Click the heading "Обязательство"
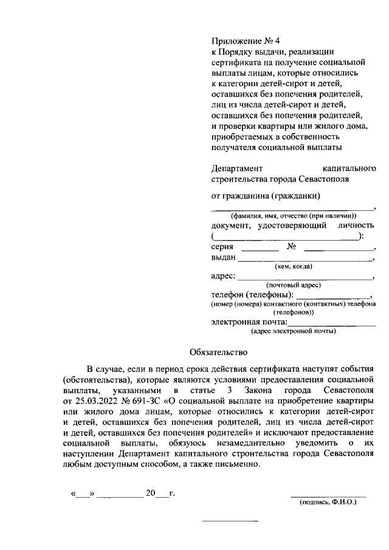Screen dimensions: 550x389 click(x=219, y=351)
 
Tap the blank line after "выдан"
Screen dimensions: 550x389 click(x=305, y=261)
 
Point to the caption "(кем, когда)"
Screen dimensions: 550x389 click(x=294, y=266)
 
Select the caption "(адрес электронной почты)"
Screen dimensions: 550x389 click(x=294, y=331)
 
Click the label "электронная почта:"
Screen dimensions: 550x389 click(x=248, y=322)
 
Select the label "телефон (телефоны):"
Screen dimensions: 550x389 click(x=252, y=294)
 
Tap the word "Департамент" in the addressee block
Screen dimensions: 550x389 click(x=238, y=168)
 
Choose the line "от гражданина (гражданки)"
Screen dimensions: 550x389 click(x=266, y=196)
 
